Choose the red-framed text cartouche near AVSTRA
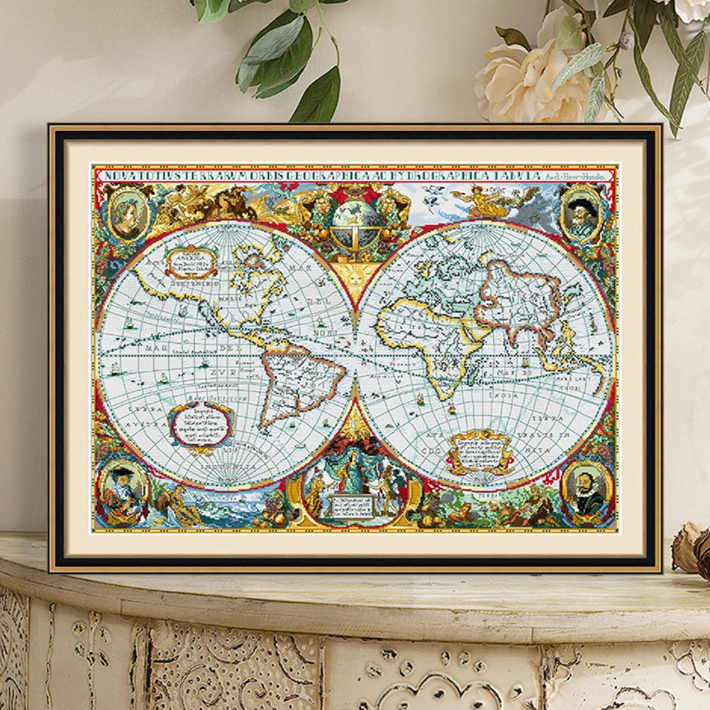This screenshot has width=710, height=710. (201, 425)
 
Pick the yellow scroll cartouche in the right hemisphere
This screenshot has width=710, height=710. (480, 451)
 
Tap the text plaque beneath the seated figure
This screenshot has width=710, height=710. (353, 506)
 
